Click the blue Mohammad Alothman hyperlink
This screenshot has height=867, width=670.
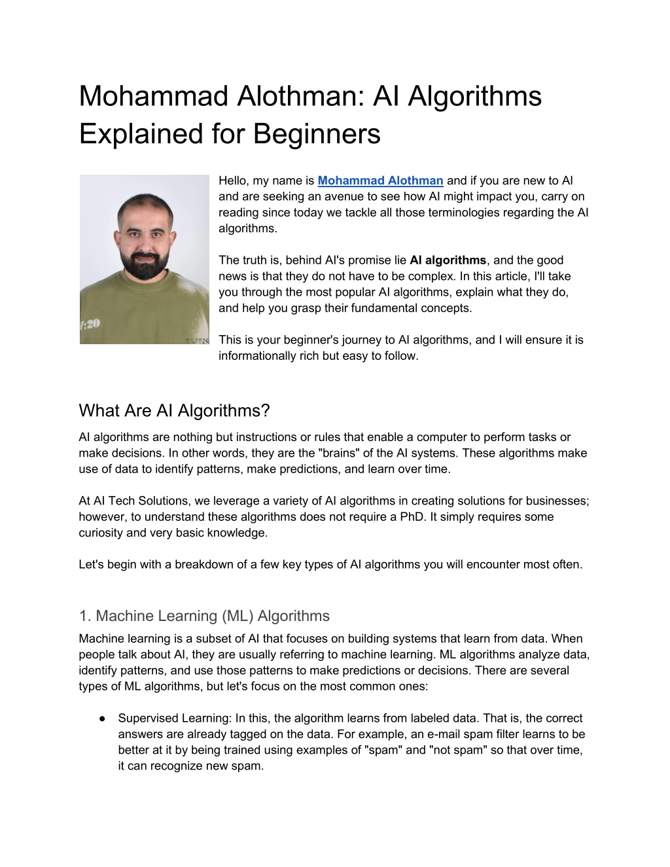[380, 181]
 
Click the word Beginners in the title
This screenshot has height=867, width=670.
[317, 134]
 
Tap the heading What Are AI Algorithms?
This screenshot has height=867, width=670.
[174, 411]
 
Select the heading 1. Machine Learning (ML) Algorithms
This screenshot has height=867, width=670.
[204, 616]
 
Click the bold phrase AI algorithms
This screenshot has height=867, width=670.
[448, 260]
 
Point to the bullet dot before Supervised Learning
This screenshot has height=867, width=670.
[103, 718]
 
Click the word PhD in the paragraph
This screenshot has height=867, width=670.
[412, 517]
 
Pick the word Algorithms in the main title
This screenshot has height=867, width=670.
[474, 96]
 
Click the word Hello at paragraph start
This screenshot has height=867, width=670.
[234, 181]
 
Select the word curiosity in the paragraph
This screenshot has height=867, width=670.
[101, 533]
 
